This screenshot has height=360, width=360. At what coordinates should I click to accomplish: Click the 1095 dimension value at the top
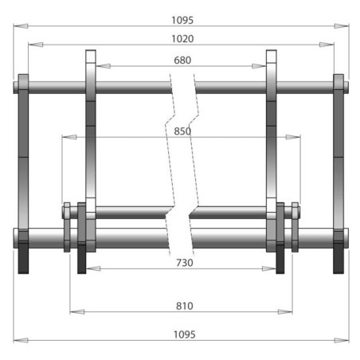coord(182,20)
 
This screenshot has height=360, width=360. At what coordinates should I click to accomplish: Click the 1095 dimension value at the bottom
coord(182,334)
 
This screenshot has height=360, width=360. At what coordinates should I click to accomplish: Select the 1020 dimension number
coord(182,38)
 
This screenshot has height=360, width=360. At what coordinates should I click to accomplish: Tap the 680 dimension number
coord(182,61)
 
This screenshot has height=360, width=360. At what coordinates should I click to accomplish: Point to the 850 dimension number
coord(182,131)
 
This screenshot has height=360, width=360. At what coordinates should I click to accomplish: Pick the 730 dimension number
coord(182,262)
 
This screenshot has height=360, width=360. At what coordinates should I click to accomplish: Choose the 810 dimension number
coord(182,305)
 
